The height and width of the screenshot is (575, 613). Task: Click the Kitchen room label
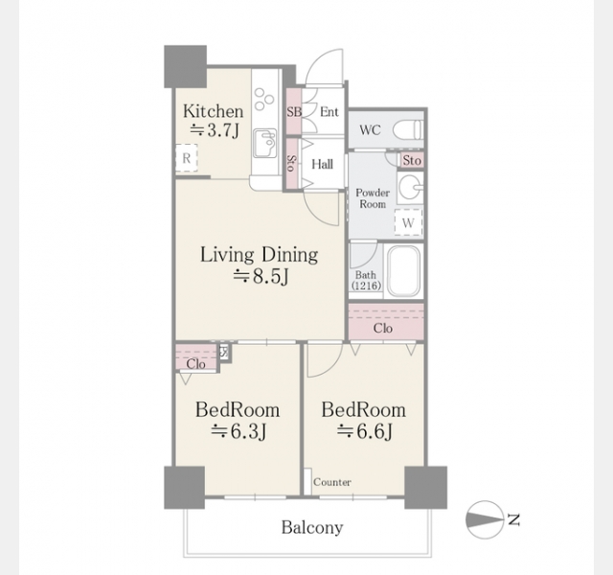213,111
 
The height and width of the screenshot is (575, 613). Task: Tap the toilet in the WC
408,129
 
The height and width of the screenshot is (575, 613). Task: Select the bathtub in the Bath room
403,271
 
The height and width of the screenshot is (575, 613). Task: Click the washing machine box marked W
408,222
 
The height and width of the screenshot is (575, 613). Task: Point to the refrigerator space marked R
187,158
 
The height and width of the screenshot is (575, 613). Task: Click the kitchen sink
264,143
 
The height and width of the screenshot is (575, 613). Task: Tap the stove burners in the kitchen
263,100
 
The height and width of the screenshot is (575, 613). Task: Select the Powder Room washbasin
410,188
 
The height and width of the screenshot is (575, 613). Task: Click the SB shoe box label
294,112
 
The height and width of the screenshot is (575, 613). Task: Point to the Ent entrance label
329,112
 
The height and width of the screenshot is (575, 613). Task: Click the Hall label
322,164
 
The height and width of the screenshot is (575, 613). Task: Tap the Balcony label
312,527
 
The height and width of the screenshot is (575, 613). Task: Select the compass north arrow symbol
485,519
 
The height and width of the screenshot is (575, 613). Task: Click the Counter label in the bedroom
332,482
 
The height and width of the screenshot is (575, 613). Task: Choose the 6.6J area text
364,432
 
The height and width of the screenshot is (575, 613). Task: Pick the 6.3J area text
238,432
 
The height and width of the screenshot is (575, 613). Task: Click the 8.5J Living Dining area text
261,276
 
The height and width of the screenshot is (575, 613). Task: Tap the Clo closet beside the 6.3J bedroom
195,358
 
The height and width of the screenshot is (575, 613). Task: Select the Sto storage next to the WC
411,160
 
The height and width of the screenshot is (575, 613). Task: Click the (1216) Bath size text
366,286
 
